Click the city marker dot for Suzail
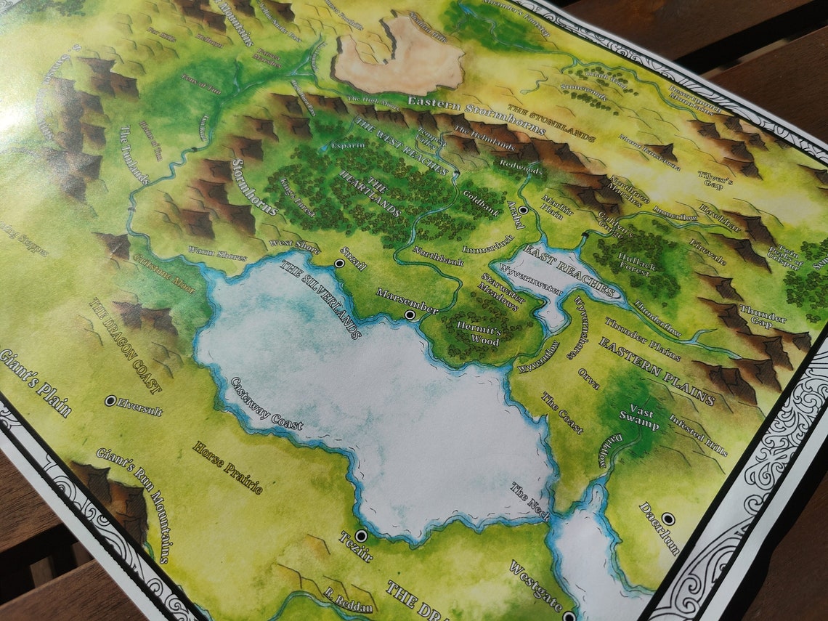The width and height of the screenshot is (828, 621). [339, 263]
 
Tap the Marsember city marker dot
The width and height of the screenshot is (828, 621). [410, 314]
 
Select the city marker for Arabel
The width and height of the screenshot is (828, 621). [523, 210]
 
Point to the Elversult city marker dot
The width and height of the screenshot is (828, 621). [110, 400]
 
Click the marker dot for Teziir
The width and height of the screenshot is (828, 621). [361, 535]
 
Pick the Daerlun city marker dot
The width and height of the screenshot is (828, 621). [668, 519]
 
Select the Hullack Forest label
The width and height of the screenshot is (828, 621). [637, 262]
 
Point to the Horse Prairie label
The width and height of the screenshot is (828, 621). [227, 467]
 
